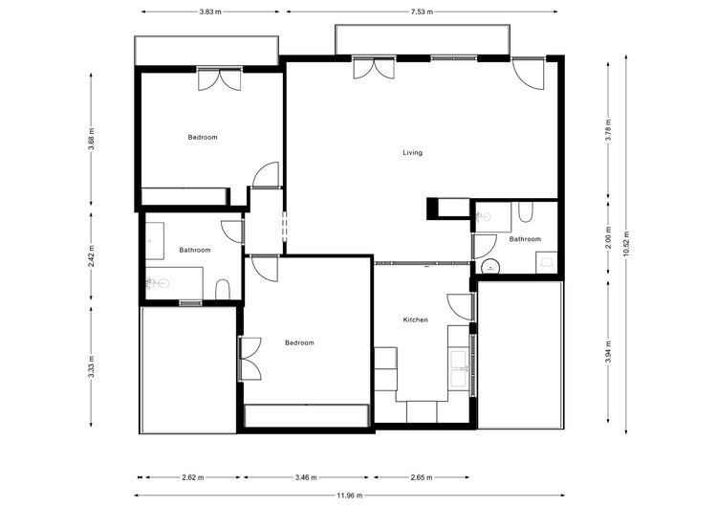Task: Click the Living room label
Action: [x=412, y=153]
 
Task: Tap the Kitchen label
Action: [x=415, y=320]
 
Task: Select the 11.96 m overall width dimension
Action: [x=349, y=496]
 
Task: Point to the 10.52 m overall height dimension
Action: [x=626, y=244]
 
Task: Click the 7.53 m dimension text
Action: [x=422, y=11]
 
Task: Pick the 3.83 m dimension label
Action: [x=210, y=11]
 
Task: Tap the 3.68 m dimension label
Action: [x=92, y=138]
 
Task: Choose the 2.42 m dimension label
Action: [x=92, y=256]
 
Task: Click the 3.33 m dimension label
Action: [x=92, y=367]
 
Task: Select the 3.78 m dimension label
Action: [x=608, y=131]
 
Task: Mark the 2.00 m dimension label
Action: [x=608, y=238]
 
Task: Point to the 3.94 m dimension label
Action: [x=608, y=352]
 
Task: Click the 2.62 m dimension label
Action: [x=192, y=477]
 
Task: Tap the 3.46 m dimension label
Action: [x=306, y=477]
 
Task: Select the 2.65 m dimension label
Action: [x=422, y=477]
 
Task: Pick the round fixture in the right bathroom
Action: [x=490, y=267]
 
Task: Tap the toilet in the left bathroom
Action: [x=223, y=289]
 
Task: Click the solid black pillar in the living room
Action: [x=432, y=209]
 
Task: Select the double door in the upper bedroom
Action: [x=220, y=79]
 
